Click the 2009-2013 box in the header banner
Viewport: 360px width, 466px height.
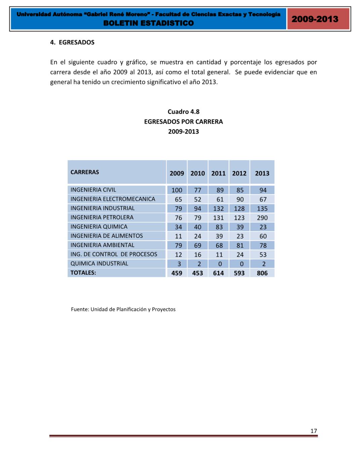pyautogui.click(x=315, y=19)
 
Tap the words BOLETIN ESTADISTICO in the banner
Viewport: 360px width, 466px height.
pyautogui.click(x=149, y=23)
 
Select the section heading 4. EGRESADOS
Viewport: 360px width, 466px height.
pyautogui.click(x=72, y=42)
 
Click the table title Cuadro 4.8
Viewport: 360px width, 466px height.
pyautogui.click(x=183, y=112)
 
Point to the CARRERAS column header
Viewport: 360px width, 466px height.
pyautogui.click(x=85, y=172)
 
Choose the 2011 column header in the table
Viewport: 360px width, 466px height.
pyautogui.click(x=218, y=173)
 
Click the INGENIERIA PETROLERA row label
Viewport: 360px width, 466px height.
pyautogui.click(x=102, y=217)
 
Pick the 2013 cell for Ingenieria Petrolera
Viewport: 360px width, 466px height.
pyautogui.click(x=262, y=218)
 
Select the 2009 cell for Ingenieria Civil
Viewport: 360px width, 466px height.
pyautogui.click(x=177, y=190)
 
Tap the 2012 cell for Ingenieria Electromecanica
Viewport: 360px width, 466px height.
pyautogui.click(x=240, y=199)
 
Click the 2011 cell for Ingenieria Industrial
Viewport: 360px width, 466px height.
pyautogui.click(x=218, y=209)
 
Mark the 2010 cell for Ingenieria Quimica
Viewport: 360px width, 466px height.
pyautogui.click(x=198, y=227)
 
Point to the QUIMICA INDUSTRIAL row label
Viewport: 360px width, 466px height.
pyautogui.click(x=99, y=263)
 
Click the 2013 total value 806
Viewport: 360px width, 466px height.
pyautogui.click(x=262, y=273)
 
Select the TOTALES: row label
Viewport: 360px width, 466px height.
pyautogui.click(x=83, y=273)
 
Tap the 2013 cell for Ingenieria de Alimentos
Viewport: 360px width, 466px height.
pyautogui.click(x=263, y=236)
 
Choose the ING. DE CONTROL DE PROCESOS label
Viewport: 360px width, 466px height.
pyautogui.click(x=114, y=254)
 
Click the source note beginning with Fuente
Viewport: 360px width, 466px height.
pyautogui.click(x=123, y=309)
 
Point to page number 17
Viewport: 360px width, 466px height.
pyautogui.click(x=314, y=431)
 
